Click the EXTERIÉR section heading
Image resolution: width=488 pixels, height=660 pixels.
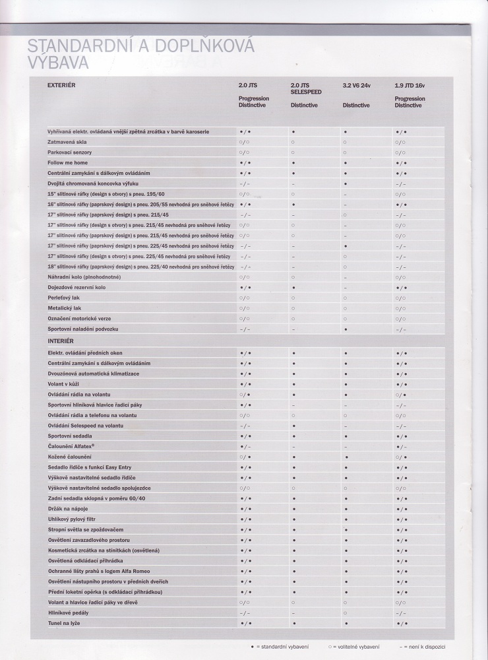(63, 85)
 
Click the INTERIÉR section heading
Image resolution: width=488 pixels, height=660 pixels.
(61, 341)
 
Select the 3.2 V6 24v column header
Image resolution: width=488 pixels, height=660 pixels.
(357, 86)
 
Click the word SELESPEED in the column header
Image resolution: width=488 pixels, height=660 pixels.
(306, 92)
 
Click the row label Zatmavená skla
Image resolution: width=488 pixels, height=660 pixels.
(67, 142)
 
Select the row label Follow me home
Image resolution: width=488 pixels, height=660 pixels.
(67, 162)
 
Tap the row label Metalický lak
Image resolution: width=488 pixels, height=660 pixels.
(65, 308)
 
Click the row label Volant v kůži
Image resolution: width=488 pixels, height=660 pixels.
(63, 384)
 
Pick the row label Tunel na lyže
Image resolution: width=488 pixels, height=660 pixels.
(64, 623)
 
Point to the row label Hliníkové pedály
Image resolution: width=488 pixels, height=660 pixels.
(69, 612)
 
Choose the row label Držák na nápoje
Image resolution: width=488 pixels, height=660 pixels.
(69, 509)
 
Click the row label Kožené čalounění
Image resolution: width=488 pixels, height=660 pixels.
(69, 457)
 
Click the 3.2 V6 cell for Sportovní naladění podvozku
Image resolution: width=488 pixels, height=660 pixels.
(345, 329)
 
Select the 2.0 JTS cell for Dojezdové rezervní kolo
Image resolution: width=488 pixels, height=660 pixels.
(245, 288)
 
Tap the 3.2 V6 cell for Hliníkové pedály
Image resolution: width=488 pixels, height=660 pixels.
(345, 612)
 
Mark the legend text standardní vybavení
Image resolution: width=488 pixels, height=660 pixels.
(280, 647)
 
